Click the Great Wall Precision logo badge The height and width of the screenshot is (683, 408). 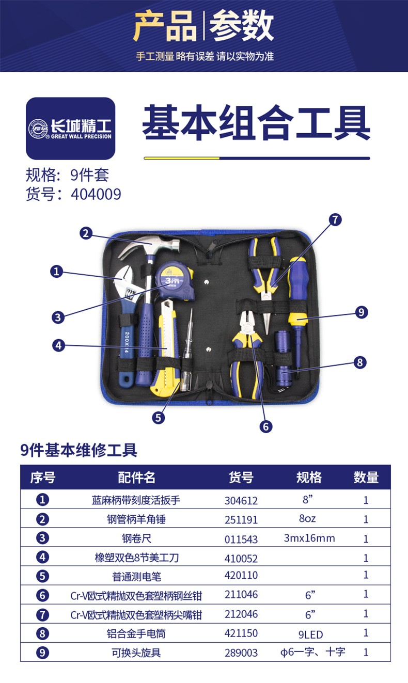tap(71, 128)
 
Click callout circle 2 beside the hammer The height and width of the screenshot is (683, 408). tap(86, 233)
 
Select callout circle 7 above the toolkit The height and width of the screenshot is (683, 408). tap(335, 219)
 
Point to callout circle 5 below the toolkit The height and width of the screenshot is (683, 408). tap(159, 417)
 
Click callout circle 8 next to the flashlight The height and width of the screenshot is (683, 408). tap(360, 362)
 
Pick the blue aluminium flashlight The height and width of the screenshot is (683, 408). tap(282, 357)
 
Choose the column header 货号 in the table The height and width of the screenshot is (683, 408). tap(241, 478)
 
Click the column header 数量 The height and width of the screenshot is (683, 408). tap(366, 478)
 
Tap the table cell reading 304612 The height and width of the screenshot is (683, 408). tap(241, 500)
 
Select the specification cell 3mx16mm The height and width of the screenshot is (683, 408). tap(309, 538)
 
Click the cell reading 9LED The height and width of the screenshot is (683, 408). tap(310, 634)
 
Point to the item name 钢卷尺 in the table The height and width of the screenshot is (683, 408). tap(136, 539)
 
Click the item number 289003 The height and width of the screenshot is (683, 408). tap(241, 653)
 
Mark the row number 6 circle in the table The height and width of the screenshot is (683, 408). tap(43, 595)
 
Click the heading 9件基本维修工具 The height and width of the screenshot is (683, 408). tap(79, 450)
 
